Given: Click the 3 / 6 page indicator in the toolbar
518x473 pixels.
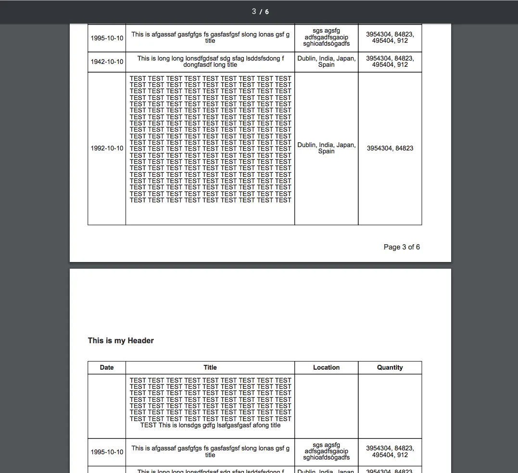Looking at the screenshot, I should (260, 12).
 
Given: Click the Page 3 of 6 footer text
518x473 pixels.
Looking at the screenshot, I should (402, 247).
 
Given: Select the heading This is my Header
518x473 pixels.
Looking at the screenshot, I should (121, 340).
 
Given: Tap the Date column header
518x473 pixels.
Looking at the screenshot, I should (107, 367).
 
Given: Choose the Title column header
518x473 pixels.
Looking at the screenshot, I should (210, 367).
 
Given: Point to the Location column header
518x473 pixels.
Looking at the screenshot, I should (326, 367).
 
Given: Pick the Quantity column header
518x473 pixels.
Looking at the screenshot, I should (390, 367).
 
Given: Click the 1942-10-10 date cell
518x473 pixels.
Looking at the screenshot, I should (107, 62).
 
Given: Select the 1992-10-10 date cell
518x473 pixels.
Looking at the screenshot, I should (107, 148).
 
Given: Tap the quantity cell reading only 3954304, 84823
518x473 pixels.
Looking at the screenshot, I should (390, 148).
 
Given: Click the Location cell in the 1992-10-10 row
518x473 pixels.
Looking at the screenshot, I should (326, 148).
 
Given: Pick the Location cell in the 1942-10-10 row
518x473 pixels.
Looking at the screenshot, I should (326, 62).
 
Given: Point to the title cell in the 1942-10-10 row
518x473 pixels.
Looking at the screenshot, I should (210, 62).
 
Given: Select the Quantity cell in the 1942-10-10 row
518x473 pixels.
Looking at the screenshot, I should (390, 62).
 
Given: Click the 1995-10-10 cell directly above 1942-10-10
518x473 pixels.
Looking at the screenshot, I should (107, 37).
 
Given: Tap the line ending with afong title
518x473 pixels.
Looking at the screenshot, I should (210, 425).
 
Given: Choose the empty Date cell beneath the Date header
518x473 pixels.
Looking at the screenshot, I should (107, 406).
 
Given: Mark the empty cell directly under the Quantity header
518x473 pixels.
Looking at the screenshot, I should (390, 406).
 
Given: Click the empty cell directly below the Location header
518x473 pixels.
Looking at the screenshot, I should (326, 406).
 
